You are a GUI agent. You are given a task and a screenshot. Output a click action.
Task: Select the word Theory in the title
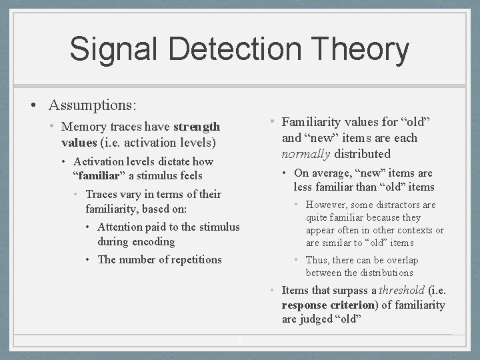363,50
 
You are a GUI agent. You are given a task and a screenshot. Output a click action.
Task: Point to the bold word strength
197,127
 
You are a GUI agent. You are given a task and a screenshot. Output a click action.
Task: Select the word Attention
121,227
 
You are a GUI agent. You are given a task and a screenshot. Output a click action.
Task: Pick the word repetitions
190,259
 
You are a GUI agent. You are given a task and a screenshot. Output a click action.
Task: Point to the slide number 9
240,342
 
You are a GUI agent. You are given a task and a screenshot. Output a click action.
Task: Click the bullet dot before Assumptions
33,105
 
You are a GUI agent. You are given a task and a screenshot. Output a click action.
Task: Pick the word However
327,205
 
